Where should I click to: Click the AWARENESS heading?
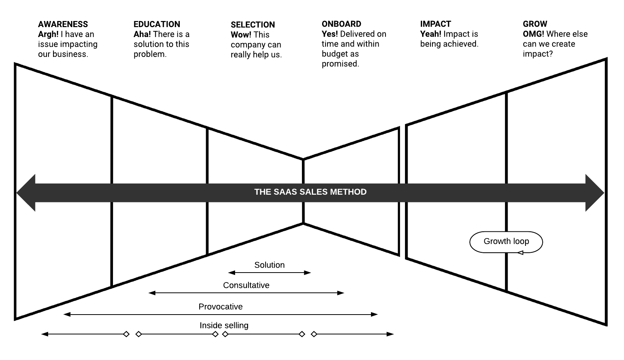pos(63,24)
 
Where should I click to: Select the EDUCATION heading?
pos(156,24)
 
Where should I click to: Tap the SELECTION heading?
pos(253,25)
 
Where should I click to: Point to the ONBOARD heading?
pos(341,24)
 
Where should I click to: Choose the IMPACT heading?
pos(435,24)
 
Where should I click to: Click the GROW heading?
pos(535,24)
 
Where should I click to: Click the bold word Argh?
pos(48,34)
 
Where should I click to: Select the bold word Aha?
pos(142,34)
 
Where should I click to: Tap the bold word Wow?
pos(241,35)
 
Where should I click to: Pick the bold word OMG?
pos(533,34)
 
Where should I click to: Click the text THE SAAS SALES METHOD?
pos(310,192)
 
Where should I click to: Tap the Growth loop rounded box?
pos(506,241)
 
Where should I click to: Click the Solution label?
pos(269,265)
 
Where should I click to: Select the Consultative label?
pos(246,285)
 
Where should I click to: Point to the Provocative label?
pos(221,307)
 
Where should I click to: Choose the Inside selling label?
pos(224,325)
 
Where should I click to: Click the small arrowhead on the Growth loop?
pos(520,252)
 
